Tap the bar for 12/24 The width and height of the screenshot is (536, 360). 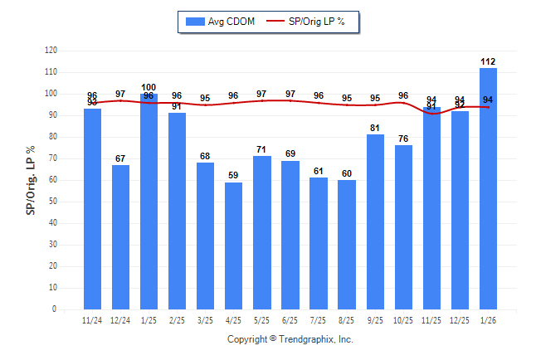tap(121, 237)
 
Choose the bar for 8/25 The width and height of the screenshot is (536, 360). tap(347, 245)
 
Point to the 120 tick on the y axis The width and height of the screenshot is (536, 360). tap(51, 51)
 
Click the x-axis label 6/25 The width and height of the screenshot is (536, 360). tap(290, 320)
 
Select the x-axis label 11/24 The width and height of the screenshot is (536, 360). tap(93, 320)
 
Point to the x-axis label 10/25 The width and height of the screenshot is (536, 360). tap(403, 320)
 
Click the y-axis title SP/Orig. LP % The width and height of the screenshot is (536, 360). tap(31, 178)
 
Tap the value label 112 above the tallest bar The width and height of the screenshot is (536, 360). tap(488, 61)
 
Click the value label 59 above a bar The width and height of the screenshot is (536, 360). tap(234, 176)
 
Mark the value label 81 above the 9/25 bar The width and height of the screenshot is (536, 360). tap(375, 129)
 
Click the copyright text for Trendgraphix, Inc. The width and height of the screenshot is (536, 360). tap(290, 339)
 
